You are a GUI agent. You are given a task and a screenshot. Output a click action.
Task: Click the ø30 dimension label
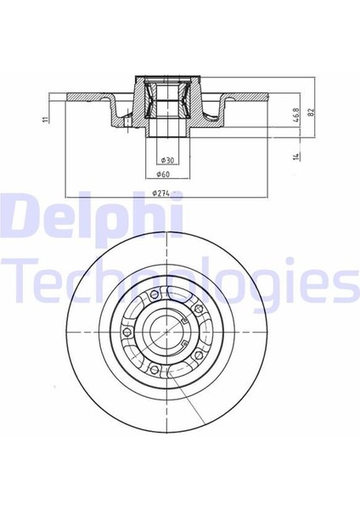(x=168, y=160)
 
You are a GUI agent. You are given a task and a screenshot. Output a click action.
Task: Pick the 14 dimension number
(x=296, y=156)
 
